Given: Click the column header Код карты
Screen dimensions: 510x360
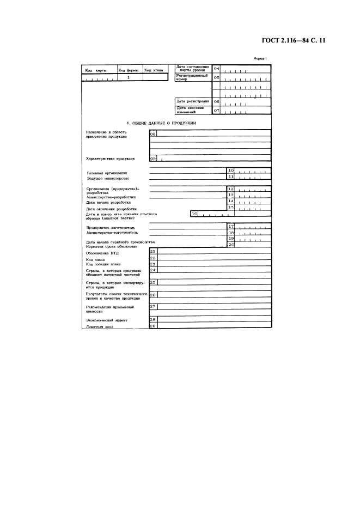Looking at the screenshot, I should point(97,70).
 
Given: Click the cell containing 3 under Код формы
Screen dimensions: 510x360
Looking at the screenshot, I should point(128,78).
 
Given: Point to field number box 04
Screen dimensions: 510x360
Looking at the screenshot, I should point(216,69).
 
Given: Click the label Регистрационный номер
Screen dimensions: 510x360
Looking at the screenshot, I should point(191,77).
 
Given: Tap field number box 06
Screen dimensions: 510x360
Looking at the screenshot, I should point(216,101).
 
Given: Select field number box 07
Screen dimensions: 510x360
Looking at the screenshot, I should point(216,111).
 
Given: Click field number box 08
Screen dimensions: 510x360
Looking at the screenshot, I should point(152,133).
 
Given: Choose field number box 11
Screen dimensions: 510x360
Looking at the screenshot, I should point(230,177).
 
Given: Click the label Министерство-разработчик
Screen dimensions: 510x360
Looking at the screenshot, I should point(111,197).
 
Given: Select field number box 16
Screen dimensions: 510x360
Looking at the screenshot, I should point(194,214).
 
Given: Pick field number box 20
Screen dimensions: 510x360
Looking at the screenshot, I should point(230,245).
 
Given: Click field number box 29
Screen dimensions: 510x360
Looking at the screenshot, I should point(152,326).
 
